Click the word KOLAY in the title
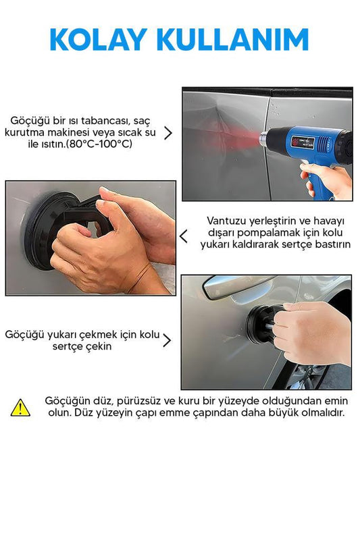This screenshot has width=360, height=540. [98, 39]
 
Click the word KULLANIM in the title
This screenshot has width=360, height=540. [232, 39]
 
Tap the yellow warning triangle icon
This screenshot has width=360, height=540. [20, 408]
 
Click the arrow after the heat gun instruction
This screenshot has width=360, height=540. [168, 133]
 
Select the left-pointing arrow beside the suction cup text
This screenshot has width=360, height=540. [184, 236]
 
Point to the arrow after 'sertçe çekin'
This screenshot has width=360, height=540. [167, 340]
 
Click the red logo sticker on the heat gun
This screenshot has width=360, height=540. [296, 141]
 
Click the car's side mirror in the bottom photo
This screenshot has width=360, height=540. [238, 287]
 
